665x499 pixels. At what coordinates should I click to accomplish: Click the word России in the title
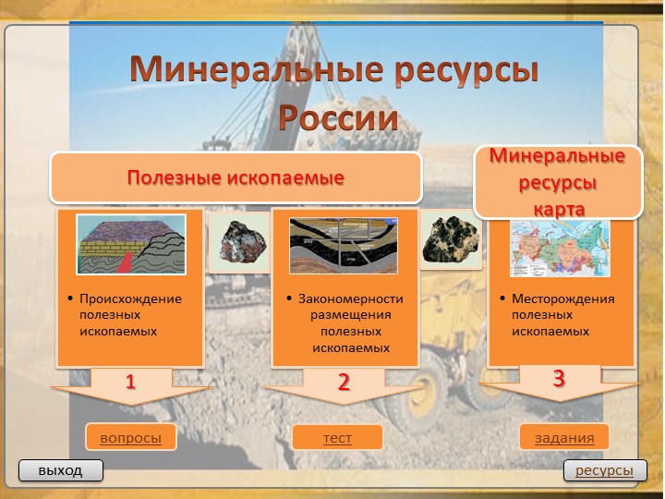338,118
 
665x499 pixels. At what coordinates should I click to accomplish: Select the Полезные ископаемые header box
236,177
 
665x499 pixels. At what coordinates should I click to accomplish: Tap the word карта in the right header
560,209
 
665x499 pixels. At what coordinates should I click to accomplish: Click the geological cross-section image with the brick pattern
131,244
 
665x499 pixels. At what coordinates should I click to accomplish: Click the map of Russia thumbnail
560,248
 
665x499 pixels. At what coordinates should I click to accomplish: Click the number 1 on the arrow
130,382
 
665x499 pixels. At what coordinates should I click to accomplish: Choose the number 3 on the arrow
559,378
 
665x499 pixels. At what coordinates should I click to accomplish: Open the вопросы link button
130,438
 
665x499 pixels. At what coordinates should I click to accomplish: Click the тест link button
337,438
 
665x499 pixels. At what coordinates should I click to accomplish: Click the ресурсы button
604,471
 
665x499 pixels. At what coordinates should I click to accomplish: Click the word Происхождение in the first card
130,299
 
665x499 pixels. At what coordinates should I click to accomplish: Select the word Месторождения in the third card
562,299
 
